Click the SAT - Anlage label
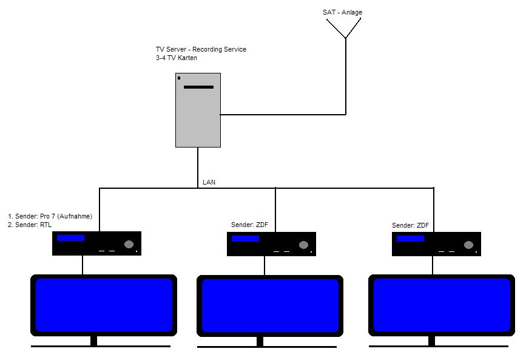(x=342, y=12)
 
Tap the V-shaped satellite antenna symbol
(x=345, y=28)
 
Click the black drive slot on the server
(x=198, y=87)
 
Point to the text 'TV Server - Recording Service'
(x=201, y=49)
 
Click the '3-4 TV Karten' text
(x=176, y=58)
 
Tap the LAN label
(x=209, y=182)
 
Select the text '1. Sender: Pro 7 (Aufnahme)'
(x=50, y=216)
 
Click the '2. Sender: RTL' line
(x=30, y=225)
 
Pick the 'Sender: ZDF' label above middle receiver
(x=249, y=225)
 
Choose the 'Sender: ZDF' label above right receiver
(x=410, y=225)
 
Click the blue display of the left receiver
(x=70, y=238)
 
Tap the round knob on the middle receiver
(x=303, y=245)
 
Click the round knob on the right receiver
(x=468, y=245)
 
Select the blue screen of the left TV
(x=104, y=304)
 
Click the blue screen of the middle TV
(x=269, y=305)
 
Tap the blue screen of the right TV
(x=441, y=305)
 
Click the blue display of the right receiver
(x=410, y=239)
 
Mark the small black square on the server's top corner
(x=179, y=78)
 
